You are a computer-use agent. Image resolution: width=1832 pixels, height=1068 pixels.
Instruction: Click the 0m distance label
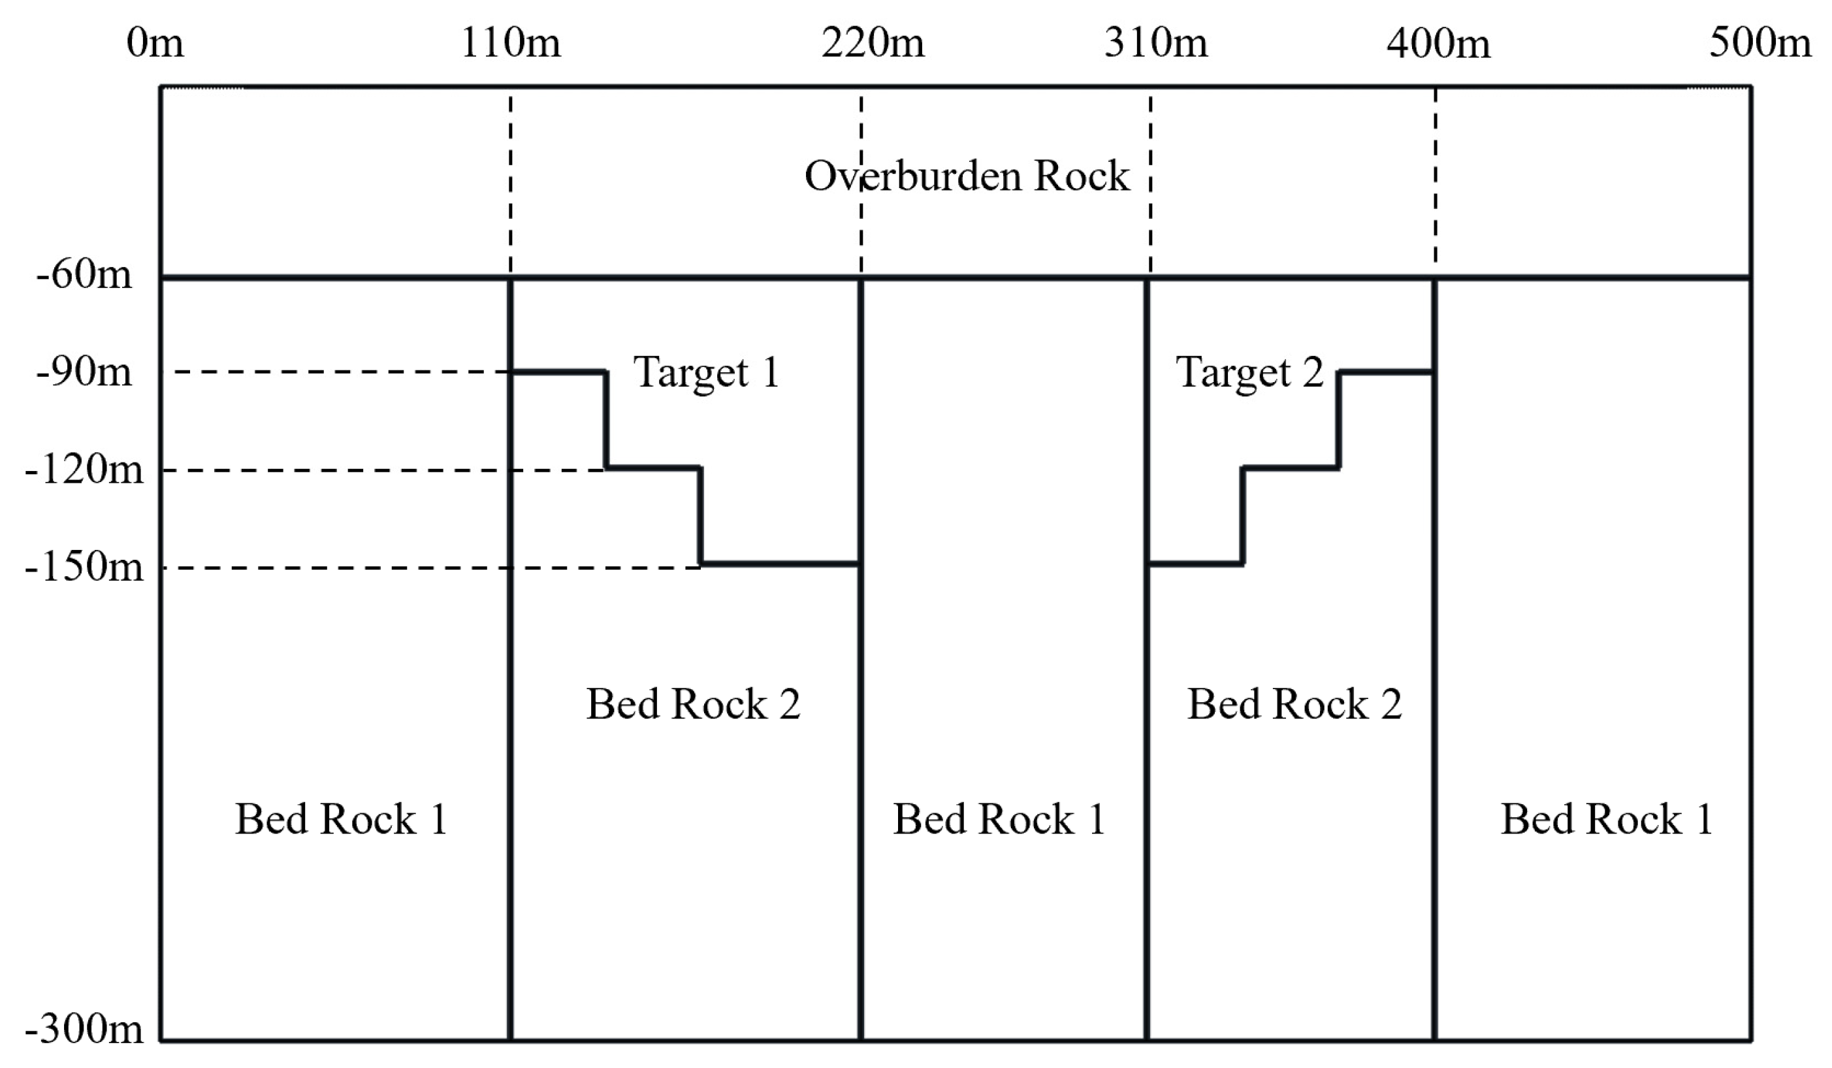tap(155, 43)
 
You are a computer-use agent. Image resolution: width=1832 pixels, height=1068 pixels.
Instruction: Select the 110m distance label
tap(511, 43)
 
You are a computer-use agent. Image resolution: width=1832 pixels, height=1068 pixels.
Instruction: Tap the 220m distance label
tap(873, 43)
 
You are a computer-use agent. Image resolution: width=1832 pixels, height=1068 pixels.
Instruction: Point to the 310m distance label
tap(1156, 43)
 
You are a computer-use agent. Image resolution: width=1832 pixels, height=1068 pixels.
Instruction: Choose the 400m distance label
tap(1439, 44)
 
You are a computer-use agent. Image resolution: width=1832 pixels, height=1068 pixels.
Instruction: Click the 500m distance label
tap(1760, 43)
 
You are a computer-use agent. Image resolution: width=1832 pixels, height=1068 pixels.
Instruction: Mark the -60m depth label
tap(84, 275)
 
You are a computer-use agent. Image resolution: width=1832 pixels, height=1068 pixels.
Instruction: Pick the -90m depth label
tap(84, 372)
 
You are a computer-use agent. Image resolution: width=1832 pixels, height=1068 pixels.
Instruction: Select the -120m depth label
tap(84, 470)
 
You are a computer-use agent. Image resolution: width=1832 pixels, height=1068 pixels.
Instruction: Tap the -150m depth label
tap(84, 566)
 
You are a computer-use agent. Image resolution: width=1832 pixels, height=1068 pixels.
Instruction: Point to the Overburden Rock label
tap(967, 176)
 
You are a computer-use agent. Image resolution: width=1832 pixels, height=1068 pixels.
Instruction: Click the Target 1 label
tap(707, 373)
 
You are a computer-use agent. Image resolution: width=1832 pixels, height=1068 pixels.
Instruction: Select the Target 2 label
tap(1249, 373)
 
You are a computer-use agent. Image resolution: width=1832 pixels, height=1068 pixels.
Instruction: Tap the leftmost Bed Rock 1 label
tap(341, 819)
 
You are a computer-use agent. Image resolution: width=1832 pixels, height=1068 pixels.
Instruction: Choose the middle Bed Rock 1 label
tap(999, 819)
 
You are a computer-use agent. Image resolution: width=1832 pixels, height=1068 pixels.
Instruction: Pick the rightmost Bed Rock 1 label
tap(1607, 819)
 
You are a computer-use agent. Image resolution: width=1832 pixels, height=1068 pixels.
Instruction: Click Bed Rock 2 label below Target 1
tap(694, 704)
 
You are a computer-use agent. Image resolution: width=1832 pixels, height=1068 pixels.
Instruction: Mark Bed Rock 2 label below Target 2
tap(1294, 704)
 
